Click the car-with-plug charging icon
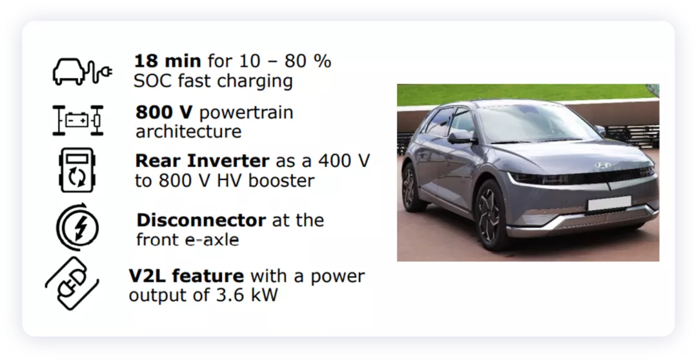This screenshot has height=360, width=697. click(82, 71)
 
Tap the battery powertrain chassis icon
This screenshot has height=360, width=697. click(78, 120)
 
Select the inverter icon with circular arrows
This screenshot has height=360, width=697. click(77, 170)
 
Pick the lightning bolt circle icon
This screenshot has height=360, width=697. click(78, 227)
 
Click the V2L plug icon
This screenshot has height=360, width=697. click(72, 283)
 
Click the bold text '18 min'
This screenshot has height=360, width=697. click(168, 61)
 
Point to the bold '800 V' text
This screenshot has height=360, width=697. click(164, 112)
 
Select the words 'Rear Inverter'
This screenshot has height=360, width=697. click(202, 161)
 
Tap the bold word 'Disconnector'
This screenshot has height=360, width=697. click(201, 220)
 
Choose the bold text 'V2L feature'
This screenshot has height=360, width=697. click(187, 276)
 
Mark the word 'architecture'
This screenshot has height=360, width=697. click(188, 132)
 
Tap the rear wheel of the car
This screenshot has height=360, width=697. click(410, 188)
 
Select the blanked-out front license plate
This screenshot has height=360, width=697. click(609, 203)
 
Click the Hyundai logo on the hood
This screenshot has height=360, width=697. click(603, 166)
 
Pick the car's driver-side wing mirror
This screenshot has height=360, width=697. click(461, 136)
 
